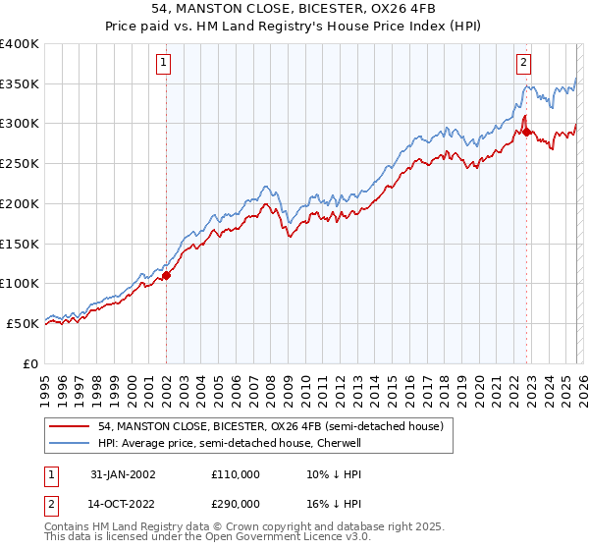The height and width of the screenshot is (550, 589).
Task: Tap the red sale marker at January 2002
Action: (167, 275)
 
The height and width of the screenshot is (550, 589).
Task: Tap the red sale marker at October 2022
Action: (526, 132)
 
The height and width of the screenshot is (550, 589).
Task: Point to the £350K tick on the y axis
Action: (20, 84)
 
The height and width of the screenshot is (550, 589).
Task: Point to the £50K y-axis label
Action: (23, 323)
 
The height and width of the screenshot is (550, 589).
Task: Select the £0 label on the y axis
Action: (30, 363)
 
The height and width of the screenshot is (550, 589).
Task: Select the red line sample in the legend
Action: (69, 426)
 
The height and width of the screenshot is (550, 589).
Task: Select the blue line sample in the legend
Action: (69, 443)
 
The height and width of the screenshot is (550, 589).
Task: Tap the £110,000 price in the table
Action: (235, 474)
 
